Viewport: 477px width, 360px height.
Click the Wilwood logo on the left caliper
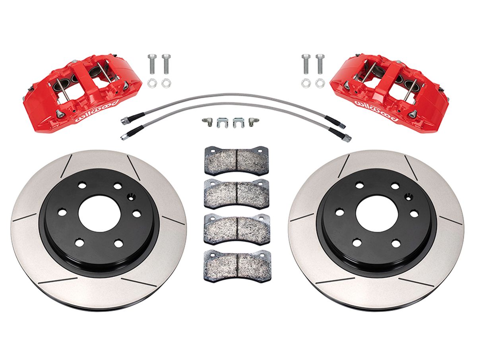(x=97, y=111)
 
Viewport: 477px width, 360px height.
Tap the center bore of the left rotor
(x=99, y=214)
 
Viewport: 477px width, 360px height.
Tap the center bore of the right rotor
(x=377, y=214)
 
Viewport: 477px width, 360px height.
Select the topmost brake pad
(x=237, y=161)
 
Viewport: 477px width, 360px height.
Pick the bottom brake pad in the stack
(x=237, y=266)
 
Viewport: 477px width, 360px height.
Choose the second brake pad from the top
(x=237, y=194)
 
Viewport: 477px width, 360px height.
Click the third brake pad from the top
(x=237, y=229)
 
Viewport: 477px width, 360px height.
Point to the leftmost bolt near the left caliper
(x=152, y=64)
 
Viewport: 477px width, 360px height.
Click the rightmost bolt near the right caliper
(x=320, y=64)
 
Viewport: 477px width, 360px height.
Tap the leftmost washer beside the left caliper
(x=152, y=83)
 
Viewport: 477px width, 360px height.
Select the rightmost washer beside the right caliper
(x=320, y=83)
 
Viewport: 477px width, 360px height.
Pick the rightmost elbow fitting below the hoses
(x=253, y=122)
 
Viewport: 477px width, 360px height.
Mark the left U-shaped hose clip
(x=223, y=123)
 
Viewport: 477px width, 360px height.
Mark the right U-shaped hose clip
(x=238, y=123)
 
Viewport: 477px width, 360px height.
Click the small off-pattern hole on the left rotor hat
(x=131, y=197)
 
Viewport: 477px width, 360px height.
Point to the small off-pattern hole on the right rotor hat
(x=409, y=197)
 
